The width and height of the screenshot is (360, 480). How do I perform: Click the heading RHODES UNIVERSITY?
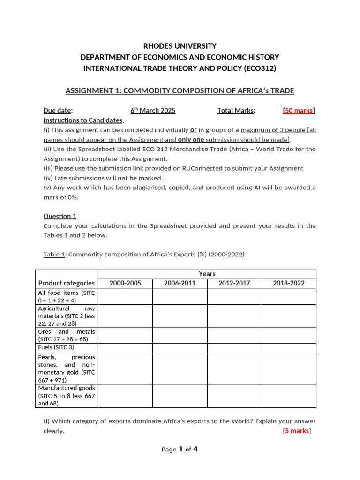coord(180,46)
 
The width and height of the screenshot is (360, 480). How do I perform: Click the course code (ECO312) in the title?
coord(260,68)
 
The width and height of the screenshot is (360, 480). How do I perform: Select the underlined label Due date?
coord(58,111)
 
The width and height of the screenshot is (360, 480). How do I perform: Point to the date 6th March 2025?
coord(153,111)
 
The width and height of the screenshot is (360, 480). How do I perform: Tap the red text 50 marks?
coord(299,111)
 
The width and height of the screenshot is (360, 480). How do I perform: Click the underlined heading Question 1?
coord(60,216)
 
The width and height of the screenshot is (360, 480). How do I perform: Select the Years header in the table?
coord(207,274)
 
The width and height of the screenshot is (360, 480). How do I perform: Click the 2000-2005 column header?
coord(125,283)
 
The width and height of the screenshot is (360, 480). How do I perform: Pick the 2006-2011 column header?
coord(180,283)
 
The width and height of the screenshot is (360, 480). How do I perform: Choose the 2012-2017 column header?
coord(234,283)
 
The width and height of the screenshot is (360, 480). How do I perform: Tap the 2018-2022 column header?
coord(289,283)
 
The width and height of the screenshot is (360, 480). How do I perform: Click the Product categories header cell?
coord(67,283)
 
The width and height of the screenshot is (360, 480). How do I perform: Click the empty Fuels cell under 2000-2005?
coord(125,347)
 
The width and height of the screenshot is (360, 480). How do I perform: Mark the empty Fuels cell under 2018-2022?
coord(289,347)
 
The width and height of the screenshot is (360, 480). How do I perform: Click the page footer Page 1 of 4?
coord(180,450)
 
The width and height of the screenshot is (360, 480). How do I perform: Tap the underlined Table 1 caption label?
coord(54,255)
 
